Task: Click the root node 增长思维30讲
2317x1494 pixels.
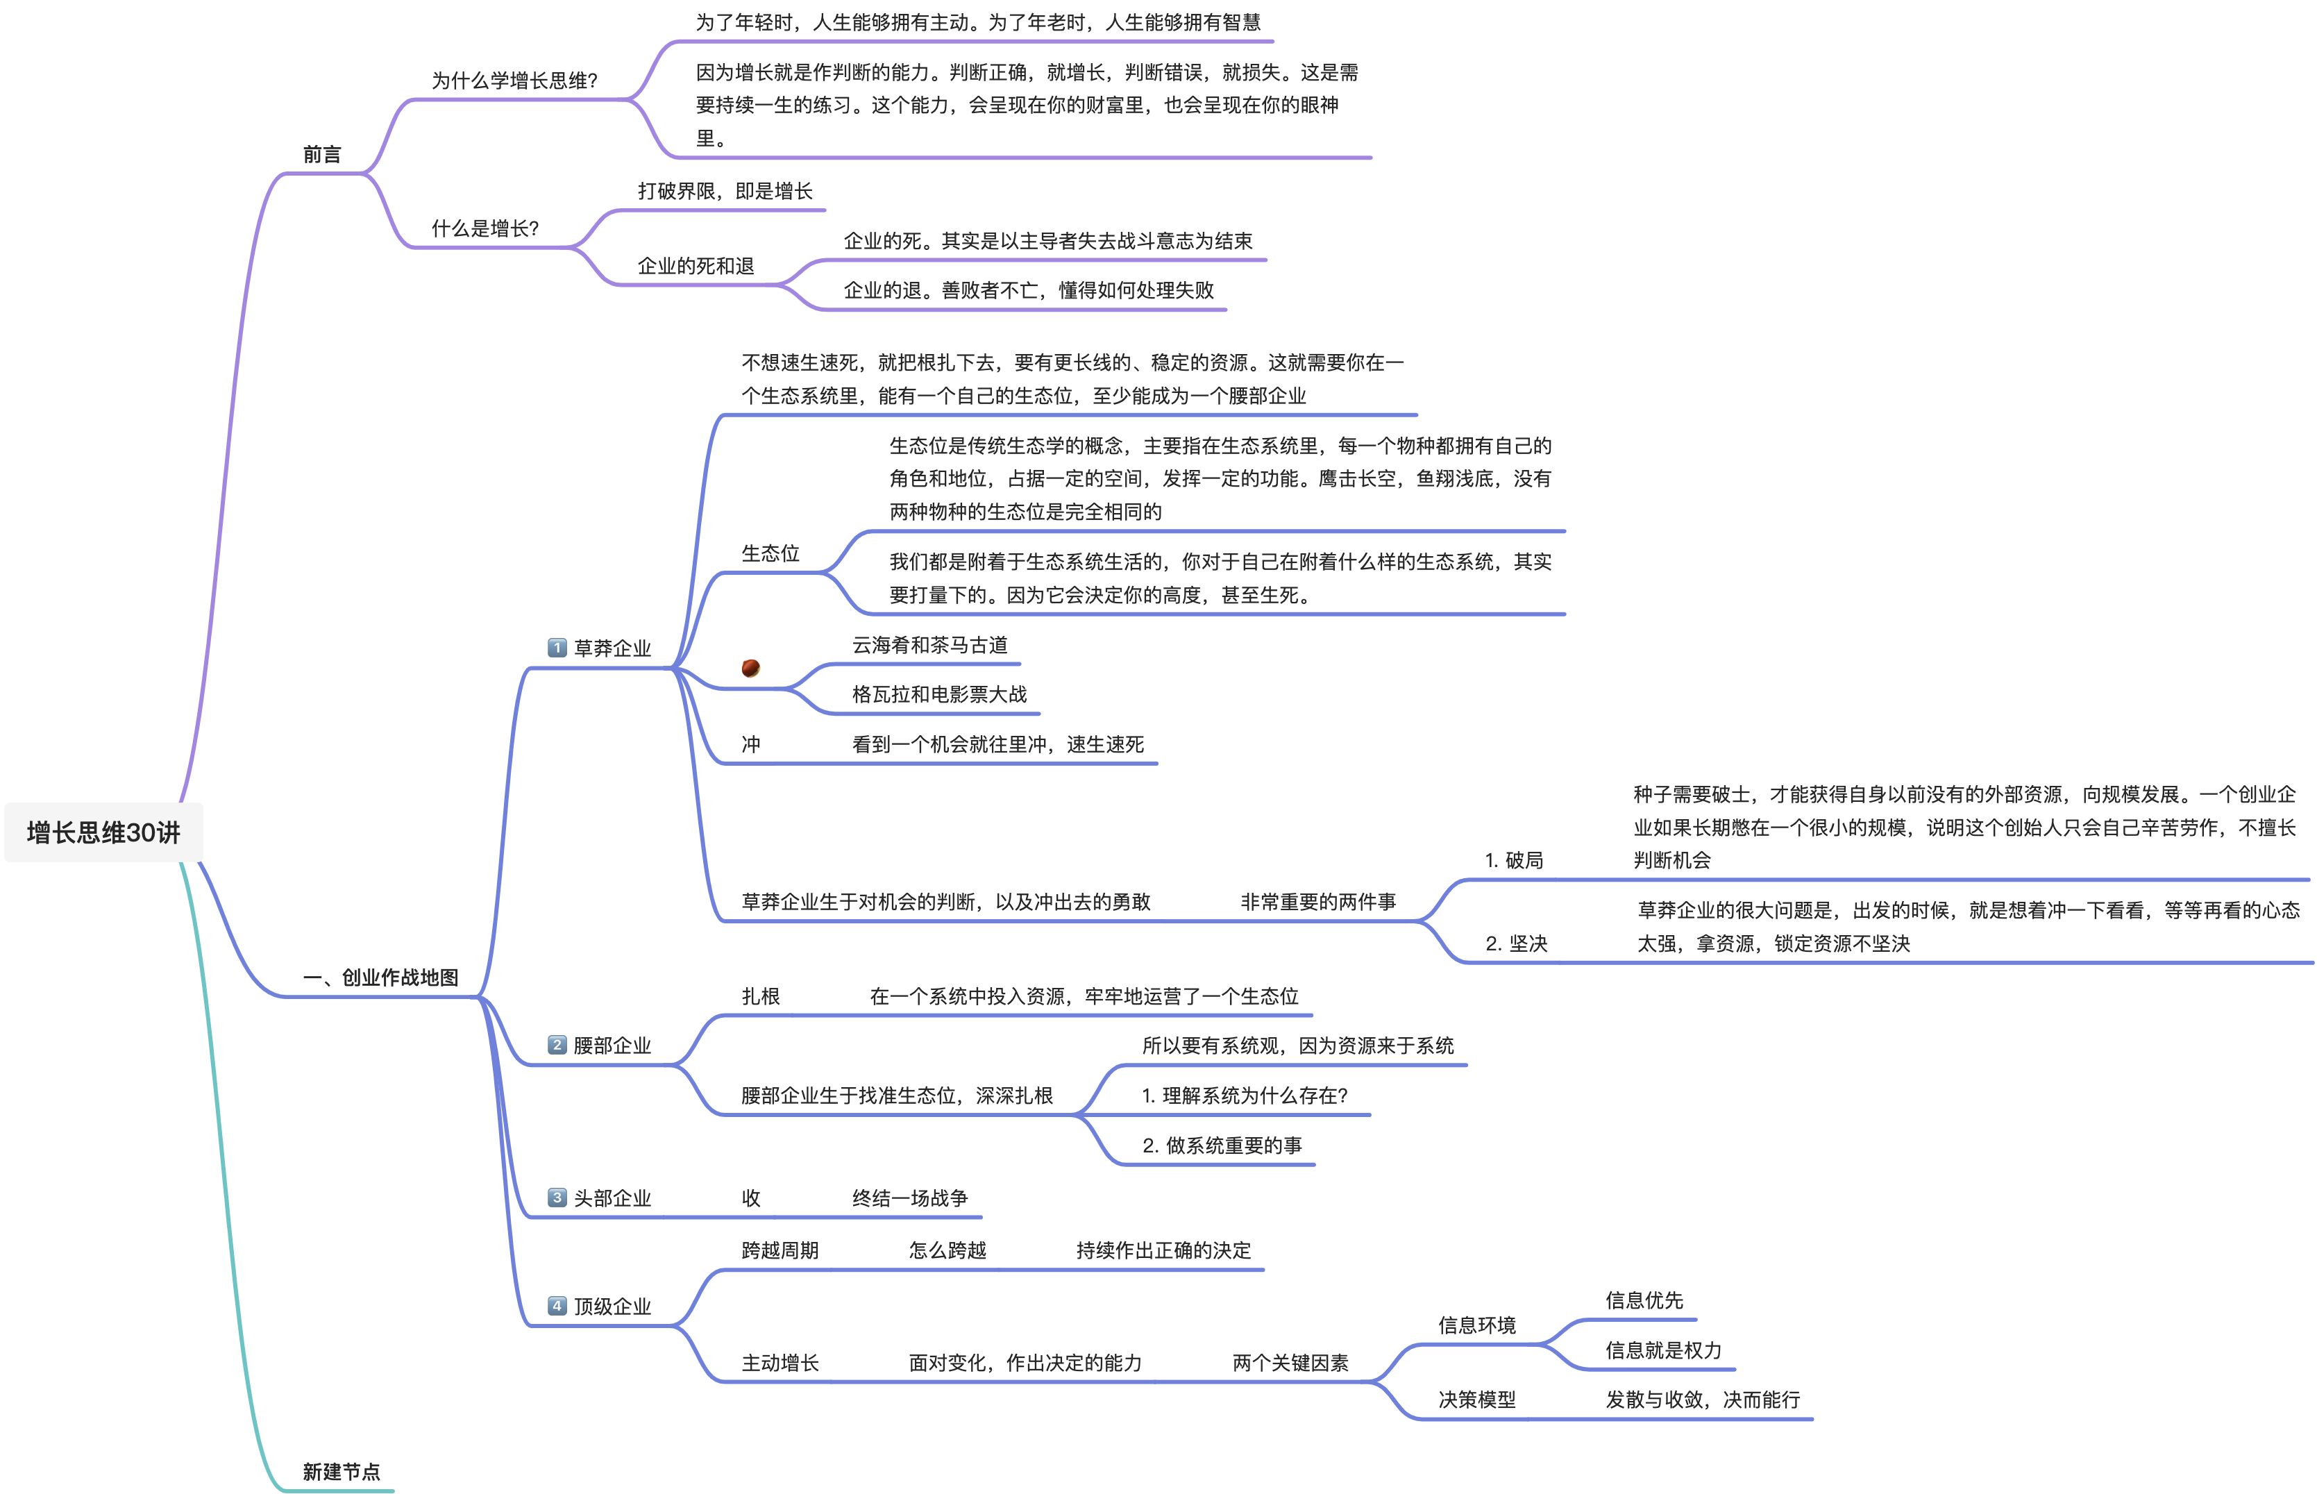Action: [x=104, y=832]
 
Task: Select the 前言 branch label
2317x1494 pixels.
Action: [x=322, y=154]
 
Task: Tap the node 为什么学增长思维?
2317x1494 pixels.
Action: [x=514, y=81]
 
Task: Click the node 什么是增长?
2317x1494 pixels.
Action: [x=485, y=229]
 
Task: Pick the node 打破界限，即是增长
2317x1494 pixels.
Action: [x=725, y=191]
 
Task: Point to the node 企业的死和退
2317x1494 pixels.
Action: [x=696, y=266]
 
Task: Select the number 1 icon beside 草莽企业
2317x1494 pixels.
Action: [x=557, y=647]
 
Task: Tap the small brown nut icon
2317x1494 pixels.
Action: [x=750, y=667]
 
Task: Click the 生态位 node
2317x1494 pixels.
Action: [x=770, y=553]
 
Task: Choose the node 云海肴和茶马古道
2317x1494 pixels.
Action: [x=929, y=645]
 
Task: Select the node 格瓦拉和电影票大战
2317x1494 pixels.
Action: [x=939, y=695]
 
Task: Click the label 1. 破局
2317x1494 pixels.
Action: [x=1514, y=859]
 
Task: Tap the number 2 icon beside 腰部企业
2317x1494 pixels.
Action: [x=557, y=1045]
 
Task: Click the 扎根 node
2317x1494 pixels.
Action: [x=760, y=996]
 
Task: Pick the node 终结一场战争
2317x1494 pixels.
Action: [x=910, y=1198]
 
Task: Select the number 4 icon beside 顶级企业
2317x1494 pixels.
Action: [x=557, y=1306]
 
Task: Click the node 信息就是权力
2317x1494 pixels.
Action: [x=1663, y=1350]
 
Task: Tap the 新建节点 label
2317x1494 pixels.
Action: [x=342, y=1472]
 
